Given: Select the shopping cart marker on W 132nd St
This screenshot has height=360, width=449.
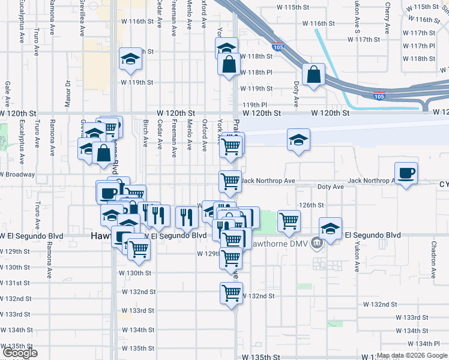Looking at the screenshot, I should [x=231, y=293].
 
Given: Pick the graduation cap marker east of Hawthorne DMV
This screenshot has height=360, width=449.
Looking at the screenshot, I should [x=330, y=228].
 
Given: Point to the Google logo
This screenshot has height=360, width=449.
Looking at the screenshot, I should [x=20, y=353].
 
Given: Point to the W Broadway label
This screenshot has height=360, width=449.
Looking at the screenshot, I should [x=18, y=175].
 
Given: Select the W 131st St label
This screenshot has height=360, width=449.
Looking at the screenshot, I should [x=15, y=283].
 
